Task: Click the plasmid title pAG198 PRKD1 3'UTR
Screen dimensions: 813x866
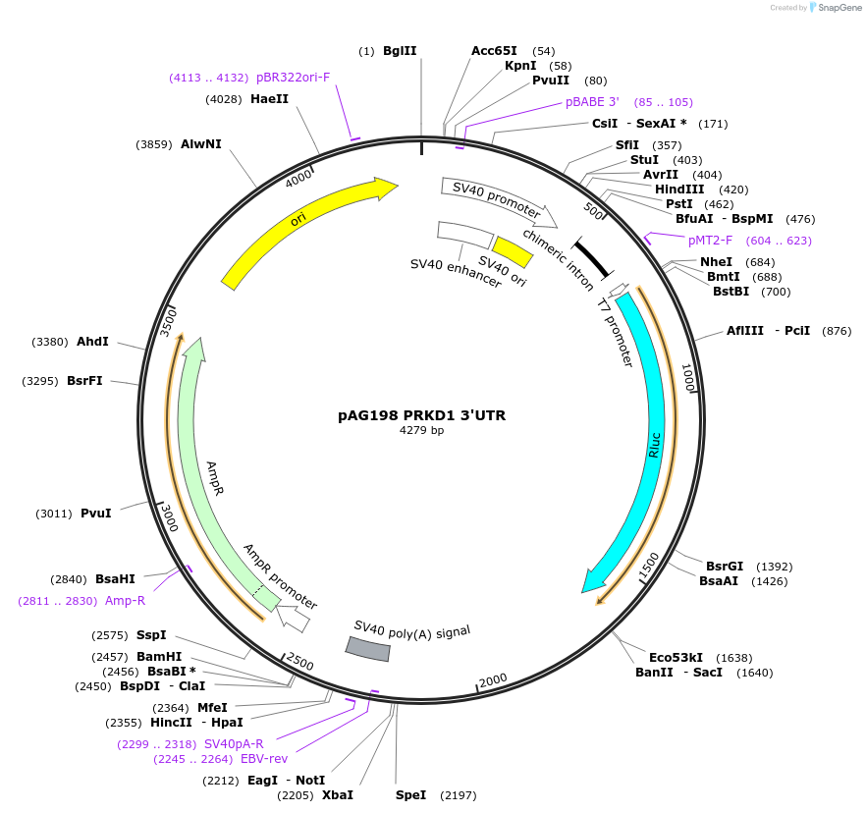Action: [421, 415]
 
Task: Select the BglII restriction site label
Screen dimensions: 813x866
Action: [400, 50]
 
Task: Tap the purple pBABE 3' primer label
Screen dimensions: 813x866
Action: [592, 102]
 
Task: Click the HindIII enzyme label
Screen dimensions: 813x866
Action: [679, 190]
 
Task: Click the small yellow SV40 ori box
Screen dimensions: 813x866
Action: [513, 251]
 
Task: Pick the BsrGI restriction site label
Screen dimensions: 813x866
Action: [725, 567]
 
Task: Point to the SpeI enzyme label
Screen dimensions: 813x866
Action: [410, 794]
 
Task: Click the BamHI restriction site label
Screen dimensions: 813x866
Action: [158, 657]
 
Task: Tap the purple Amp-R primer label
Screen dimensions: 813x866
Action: [125, 601]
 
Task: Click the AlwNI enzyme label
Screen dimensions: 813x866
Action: [200, 144]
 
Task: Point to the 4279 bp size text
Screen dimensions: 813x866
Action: [421, 431]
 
